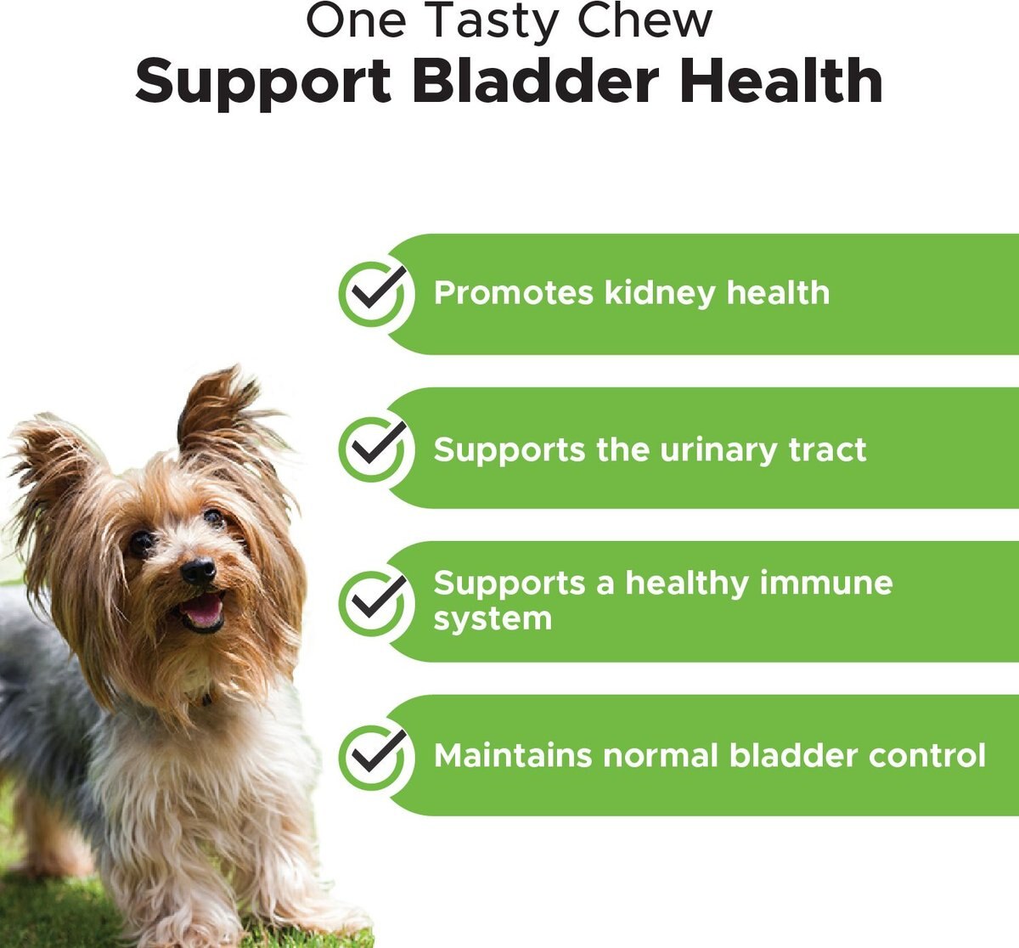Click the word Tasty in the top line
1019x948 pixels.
[490, 23]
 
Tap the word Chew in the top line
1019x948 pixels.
[645, 20]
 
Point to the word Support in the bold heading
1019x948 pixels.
[263, 84]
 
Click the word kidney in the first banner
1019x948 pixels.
[660, 294]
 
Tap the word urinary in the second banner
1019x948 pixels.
[718, 451]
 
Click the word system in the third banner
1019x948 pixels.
[493, 619]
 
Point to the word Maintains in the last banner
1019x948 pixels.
[513, 755]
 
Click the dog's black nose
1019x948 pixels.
[198, 570]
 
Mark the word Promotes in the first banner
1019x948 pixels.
[514, 294]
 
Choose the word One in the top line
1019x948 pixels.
[356, 20]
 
